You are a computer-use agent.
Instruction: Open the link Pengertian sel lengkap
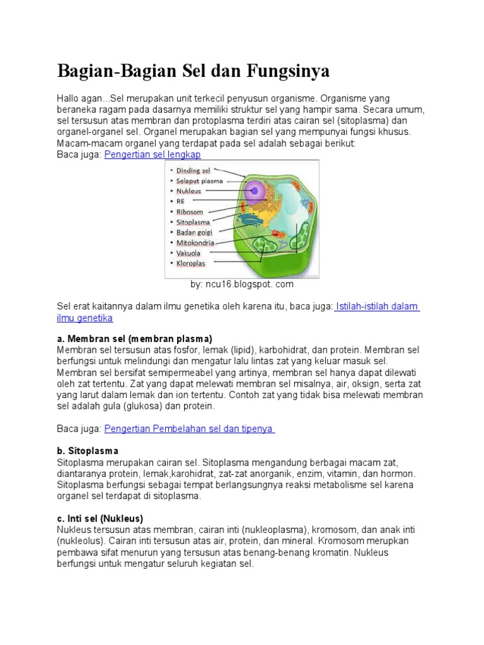(153, 154)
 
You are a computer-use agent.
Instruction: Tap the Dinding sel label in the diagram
(193, 170)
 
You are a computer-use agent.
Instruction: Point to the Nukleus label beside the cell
(188, 191)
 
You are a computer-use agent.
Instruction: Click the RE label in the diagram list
(180, 201)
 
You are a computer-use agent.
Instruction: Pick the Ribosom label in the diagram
(190, 212)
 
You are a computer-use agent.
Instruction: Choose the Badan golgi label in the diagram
(194, 232)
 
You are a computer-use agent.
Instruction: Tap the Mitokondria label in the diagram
(195, 243)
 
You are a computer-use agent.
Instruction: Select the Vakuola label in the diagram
(189, 253)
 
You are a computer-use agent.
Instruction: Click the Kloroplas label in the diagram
(190, 263)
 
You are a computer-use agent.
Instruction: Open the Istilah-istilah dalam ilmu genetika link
(377, 306)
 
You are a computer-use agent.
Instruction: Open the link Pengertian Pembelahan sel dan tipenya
(189, 428)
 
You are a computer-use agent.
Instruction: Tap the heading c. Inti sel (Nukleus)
(100, 518)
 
